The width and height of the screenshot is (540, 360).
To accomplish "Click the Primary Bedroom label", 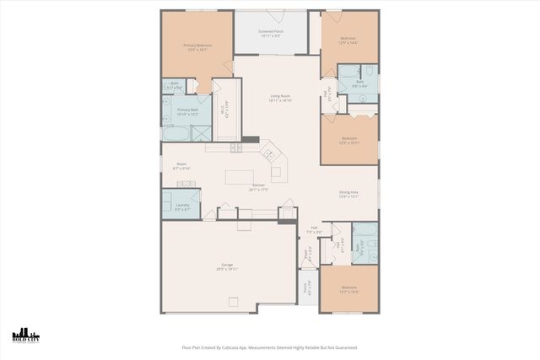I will (197, 46).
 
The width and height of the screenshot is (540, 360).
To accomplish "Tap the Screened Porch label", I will (270, 34).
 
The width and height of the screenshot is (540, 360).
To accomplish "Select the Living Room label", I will (281, 98).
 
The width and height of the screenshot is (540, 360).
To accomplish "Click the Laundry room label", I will (182, 206).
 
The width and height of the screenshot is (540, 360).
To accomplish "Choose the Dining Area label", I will (349, 194).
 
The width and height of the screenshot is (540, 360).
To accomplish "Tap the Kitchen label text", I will (257, 188).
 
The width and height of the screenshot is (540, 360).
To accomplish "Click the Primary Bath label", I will (186, 111).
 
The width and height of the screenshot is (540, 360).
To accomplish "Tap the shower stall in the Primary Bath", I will (202, 133).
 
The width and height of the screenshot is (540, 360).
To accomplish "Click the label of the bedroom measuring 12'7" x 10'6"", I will (349, 289).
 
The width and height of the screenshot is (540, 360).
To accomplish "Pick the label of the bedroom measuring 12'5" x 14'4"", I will (349, 40).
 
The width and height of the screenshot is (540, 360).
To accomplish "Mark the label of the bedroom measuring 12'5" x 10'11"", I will (349, 140).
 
